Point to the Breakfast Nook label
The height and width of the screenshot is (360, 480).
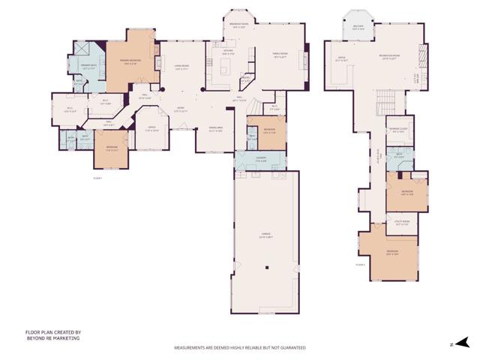click(x=240, y=25)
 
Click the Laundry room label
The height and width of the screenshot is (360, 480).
click(x=260, y=158)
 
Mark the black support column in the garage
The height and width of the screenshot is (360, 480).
click(x=268, y=268)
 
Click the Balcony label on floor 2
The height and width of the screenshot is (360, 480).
click(x=358, y=28)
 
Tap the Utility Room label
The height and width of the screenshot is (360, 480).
click(x=403, y=222)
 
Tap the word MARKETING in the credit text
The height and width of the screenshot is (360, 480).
click(x=64, y=338)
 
